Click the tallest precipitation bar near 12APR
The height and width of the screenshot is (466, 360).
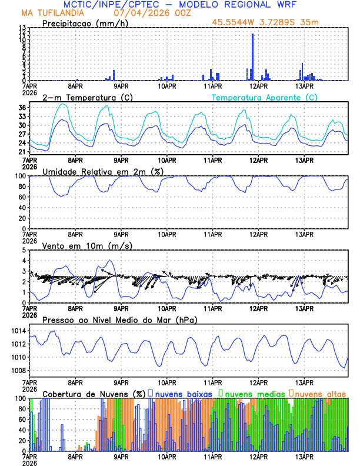tap(253, 57)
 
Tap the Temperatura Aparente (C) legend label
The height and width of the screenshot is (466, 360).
tap(264, 97)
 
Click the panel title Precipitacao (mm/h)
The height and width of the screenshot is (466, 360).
tap(85, 24)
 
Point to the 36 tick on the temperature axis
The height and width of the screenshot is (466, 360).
tap(22, 108)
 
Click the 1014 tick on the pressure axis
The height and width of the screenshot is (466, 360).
tap(18, 331)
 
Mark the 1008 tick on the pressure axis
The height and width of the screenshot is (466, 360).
tap(18, 370)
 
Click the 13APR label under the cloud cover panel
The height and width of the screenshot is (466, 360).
tap(304, 456)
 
